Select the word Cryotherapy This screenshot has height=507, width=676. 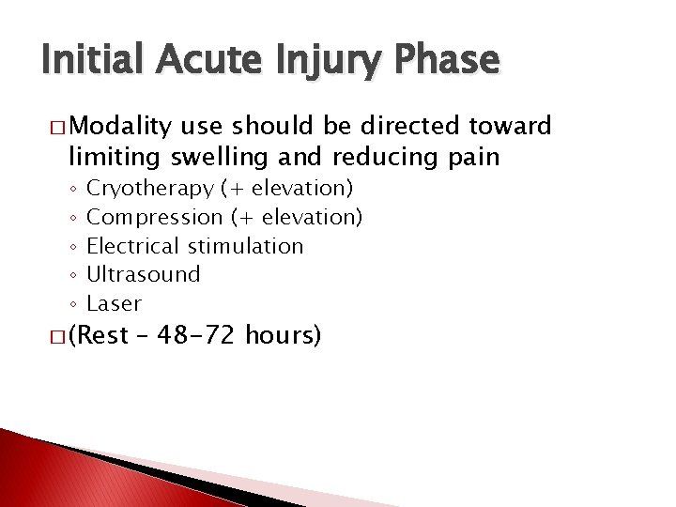(150, 190)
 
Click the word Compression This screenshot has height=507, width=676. (155, 218)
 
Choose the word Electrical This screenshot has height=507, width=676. (134, 246)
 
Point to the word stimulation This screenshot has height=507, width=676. (246, 246)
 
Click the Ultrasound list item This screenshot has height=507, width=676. (144, 274)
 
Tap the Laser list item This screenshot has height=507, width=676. (114, 303)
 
